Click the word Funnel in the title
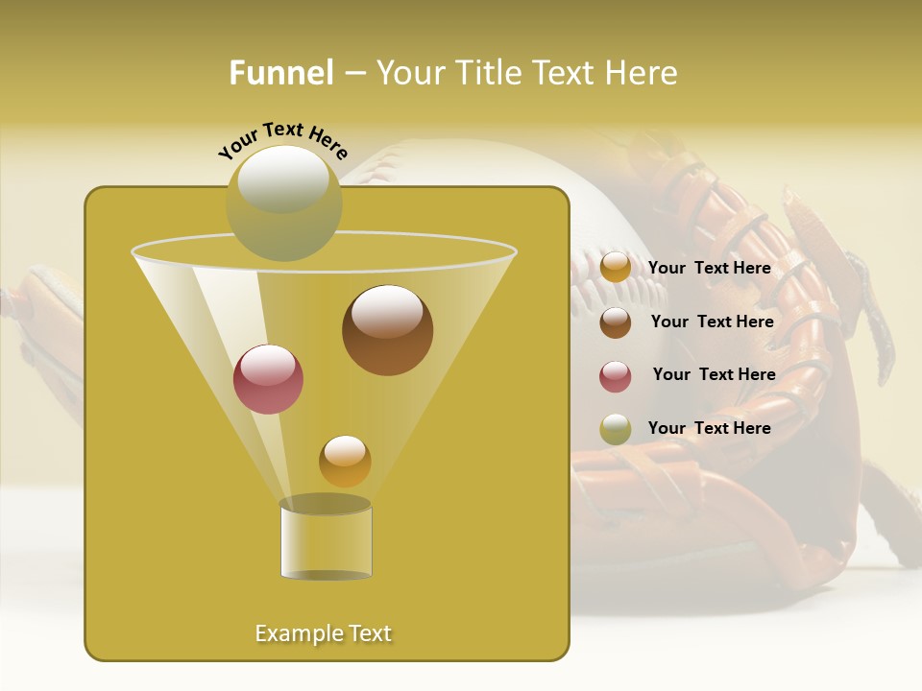tap(281, 73)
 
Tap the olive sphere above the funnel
tap(283, 203)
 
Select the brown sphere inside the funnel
tap(387, 329)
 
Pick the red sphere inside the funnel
tap(268, 379)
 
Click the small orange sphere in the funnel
tap(345, 462)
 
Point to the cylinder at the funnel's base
tap(326, 542)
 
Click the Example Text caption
tap(324, 633)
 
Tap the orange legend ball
tap(616, 268)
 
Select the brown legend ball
tap(616, 322)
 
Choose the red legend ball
tap(616, 376)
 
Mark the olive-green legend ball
tap(616, 429)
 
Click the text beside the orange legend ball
tap(709, 268)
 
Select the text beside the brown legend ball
tap(712, 322)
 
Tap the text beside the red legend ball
tap(714, 374)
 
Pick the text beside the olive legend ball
tap(709, 428)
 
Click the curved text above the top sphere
tap(282, 139)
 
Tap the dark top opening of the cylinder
tap(326, 505)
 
